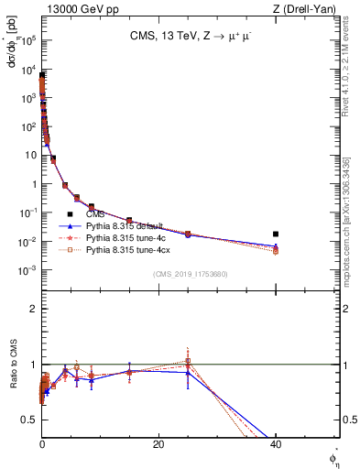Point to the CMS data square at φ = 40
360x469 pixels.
[276, 234]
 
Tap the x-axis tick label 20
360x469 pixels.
[158, 444]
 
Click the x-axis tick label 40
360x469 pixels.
[276, 444]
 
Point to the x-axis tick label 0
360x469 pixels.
[42, 444]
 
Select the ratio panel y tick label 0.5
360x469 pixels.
[29, 420]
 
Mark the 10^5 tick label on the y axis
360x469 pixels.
[28, 39]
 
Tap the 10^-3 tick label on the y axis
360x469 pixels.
[28, 271]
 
